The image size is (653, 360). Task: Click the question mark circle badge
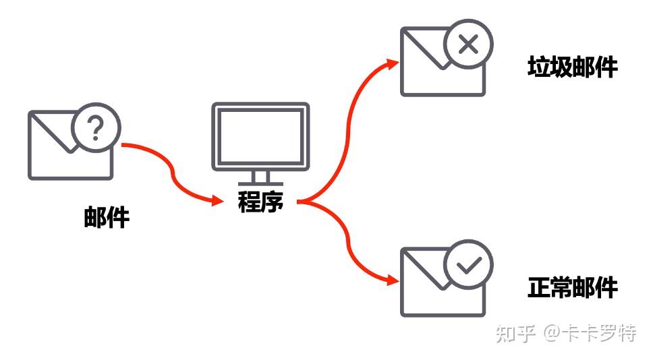pyautogui.click(x=96, y=128)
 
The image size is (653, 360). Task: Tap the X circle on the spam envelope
pyautogui.click(x=468, y=45)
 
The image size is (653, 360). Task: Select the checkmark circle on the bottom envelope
pyautogui.click(x=468, y=265)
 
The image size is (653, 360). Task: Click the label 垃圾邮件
pyautogui.click(x=572, y=67)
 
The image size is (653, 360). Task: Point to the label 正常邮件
pyautogui.click(x=572, y=288)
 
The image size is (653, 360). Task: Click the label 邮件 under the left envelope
pyautogui.click(x=107, y=218)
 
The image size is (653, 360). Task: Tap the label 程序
pyautogui.click(x=260, y=202)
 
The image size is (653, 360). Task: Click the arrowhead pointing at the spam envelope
pyautogui.click(x=393, y=63)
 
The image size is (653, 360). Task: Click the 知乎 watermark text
pyautogui.click(x=516, y=333)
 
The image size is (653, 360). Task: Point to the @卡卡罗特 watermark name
pyautogui.click(x=590, y=333)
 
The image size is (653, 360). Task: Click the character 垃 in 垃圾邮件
pyautogui.click(x=539, y=67)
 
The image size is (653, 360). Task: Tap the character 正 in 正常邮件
pyautogui.click(x=539, y=288)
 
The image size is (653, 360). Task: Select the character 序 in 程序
pyautogui.click(x=273, y=202)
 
